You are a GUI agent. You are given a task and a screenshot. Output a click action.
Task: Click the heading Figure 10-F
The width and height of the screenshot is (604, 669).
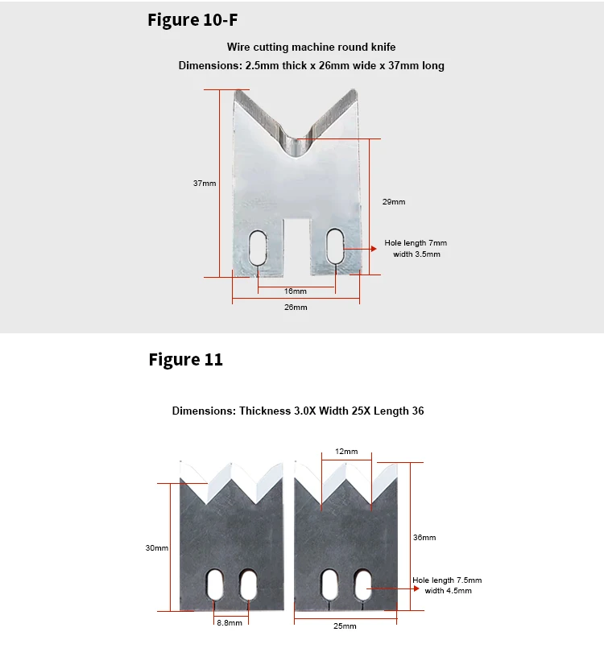pos(192,19)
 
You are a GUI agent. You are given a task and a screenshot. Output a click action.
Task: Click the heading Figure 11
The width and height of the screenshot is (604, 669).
pos(185,359)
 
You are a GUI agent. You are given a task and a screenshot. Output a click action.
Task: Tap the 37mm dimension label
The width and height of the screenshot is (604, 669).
pos(205,184)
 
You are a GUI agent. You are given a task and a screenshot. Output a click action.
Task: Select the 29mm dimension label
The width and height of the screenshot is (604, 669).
pos(394,202)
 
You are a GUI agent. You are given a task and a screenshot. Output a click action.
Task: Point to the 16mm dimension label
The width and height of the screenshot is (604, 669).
pos(296,291)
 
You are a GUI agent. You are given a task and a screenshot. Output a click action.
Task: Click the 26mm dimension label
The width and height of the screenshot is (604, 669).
pos(296,308)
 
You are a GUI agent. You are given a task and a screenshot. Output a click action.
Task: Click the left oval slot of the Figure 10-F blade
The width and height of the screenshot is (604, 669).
pos(258,247)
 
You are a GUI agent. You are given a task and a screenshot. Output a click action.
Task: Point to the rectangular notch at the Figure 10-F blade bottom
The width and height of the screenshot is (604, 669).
pos(296,246)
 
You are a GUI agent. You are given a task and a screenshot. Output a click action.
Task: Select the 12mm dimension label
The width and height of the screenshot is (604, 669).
pos(346,452)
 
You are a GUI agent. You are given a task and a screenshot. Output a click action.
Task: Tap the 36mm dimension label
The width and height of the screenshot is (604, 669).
pos(424,537)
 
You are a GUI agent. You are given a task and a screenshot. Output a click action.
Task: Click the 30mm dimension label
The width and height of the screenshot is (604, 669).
pos(157,548)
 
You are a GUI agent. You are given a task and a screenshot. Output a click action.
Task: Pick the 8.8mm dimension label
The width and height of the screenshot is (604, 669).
pos(229,623)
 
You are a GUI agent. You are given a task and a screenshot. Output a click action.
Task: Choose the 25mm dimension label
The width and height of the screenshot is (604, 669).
pos(345,626)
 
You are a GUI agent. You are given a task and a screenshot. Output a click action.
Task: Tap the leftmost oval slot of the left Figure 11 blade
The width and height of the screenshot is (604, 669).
pos(216,584)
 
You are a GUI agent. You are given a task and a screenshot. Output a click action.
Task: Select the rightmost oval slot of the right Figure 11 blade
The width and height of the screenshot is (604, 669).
pos(363,584)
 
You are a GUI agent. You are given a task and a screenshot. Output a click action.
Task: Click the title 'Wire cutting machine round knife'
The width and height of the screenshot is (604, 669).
pos(311,47)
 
